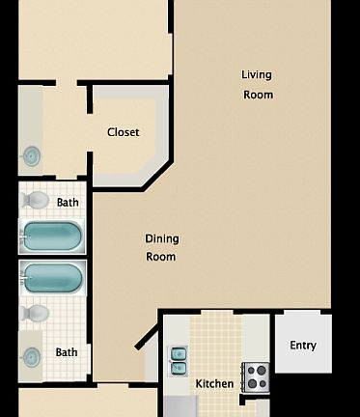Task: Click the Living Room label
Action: [257, 85]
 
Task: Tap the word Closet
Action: [123, 132]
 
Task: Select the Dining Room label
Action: [161, 248]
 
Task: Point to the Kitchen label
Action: [214, 384]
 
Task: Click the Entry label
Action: [303, 346]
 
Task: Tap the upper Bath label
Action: [68, 203]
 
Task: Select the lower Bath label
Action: [66, 353]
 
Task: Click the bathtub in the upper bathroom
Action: [53, 235]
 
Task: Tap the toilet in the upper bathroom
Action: [36, 201]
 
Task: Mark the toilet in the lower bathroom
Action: [37, 313]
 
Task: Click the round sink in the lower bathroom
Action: [32, 356]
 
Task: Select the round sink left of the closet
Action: [32, 155]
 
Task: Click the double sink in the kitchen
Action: [179, 360]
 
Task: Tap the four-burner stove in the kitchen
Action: [256, 375]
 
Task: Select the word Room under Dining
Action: [160, 257]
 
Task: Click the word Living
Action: [257, 75]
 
